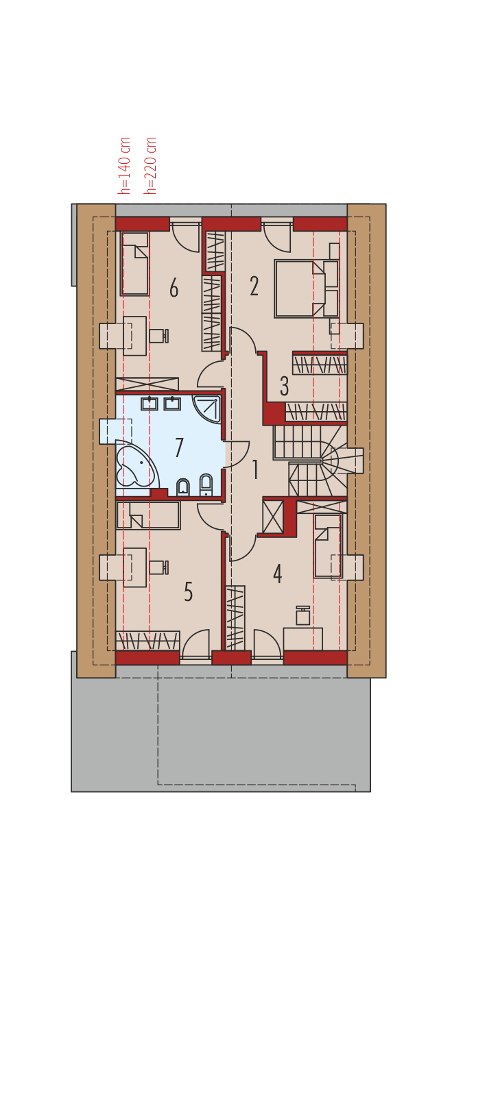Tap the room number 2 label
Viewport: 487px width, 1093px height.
pyautogui.click(x=254, y=286)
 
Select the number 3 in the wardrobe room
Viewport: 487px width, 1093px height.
pyautogui.click(x=284, y=386)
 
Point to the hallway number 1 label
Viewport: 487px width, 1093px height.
pyautogui.click(x=255, y=469)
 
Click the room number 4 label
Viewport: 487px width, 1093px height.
pyautogui.click(x=277, y=574)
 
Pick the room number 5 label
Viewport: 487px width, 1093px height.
pyautogui.click(x=188, y=591)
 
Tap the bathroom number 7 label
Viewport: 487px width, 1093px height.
pyautogui.click(x=179, y=447)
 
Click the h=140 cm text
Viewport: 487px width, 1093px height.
pyautogui.click(x=125, y=166)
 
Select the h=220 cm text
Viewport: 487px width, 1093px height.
pyautogui.click(x=150, y=166)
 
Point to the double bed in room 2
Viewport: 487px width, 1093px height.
pyautogui.click(x=307, y=289)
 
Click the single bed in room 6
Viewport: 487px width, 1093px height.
pyautogui.click(x=135, y=264)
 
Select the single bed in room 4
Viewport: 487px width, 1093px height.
pyautogui.click(x=328, y=545)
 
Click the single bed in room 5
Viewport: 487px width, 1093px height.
pyautogui.click(x=148, y=515)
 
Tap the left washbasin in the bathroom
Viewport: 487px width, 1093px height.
pyautogui.click(x=149, y=404)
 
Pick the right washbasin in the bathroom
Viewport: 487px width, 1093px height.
pyautogui.click(x=172, y=404)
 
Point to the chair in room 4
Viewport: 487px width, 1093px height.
pyautogui.click(x=303, y=616)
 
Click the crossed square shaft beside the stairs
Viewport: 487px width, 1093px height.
pyautogui.click(x=272, y=516)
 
